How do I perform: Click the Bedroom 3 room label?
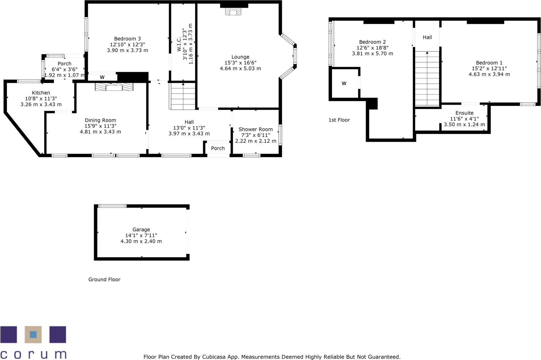tap(127, 39)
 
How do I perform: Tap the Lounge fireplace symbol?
tap(233, 11)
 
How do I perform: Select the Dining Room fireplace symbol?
tap(114, 87)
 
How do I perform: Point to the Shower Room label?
tap(256, 129)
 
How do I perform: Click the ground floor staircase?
tap(183, 96)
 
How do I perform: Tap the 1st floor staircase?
tap(427, 79)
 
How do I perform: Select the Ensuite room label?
tap(464, 113)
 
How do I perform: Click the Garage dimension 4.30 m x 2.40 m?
tap(141, 241)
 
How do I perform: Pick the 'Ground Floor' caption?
tap(104, 280)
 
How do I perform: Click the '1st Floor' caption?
tap(339, 120)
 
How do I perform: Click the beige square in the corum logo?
tap(33, 335)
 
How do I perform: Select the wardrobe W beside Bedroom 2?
tap(344, 84)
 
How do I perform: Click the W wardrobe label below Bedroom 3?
tap(102, 77)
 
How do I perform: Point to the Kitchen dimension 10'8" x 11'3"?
tap(41, 99)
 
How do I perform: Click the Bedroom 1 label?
tap(489, 63)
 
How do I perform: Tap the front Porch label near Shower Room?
tap(218, 148)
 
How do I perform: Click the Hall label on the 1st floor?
tap(427, 37)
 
